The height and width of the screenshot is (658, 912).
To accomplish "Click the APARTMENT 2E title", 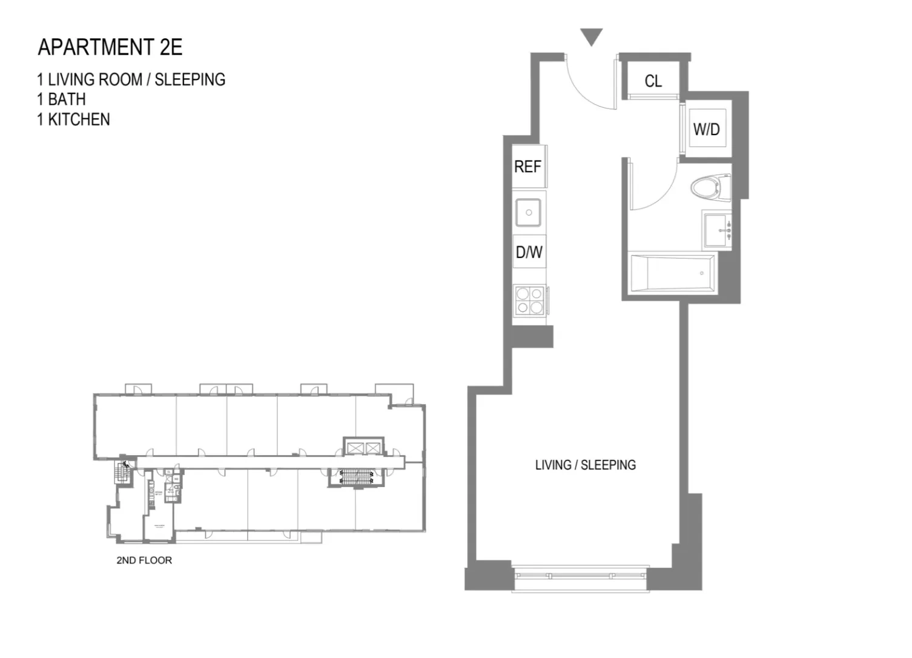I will [110, 47].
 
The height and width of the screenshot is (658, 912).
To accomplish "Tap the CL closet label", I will [653, 81].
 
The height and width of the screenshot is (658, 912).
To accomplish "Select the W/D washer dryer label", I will [706, 129].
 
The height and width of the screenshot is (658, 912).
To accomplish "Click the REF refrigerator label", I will [527, 167].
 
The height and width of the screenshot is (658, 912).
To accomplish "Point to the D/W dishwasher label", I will [529, 252].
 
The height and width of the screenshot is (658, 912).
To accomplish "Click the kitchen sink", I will [529, 213].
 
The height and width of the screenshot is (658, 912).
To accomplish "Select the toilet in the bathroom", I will [710, 187].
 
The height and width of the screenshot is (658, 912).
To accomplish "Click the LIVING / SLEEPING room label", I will [585, 465].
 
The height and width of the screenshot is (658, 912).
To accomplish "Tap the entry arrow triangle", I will [591, 38].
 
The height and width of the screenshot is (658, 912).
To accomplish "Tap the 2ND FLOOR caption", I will [144, 560].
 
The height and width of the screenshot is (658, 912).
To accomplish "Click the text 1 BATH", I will [61, 99].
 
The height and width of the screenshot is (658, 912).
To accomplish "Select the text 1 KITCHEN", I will [73, 119].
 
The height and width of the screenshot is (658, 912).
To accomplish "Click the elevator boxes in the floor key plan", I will [363, 448].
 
